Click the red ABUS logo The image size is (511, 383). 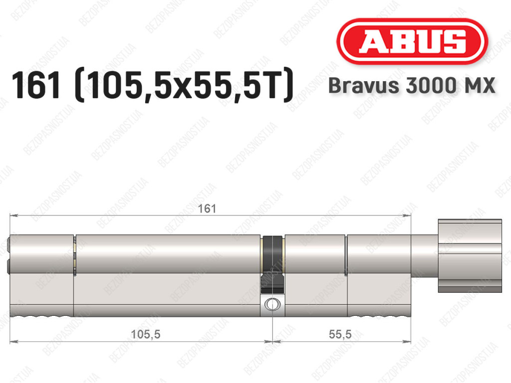(412, 41)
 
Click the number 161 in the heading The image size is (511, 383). (36, 85)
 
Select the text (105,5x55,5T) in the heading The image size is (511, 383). (184, 85)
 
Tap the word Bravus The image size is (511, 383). (363, 85)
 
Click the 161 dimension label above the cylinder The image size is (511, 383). (207, 208)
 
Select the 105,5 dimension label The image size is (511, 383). (145, 334)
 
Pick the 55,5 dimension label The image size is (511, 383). (340, 334)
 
